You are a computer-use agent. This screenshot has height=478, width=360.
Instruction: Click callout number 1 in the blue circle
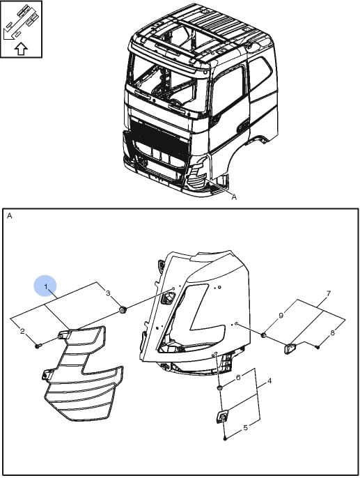(46, 286)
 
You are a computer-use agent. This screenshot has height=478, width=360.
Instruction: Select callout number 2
(22, 331)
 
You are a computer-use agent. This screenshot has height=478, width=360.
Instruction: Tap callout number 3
(108, 293)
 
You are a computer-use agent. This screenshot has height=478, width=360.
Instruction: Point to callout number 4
(269, 380)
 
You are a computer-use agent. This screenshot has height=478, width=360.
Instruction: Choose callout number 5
(246, 428)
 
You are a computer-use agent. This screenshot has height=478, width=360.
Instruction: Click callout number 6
(238, 378)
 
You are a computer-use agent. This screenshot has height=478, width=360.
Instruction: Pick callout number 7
(329, 293)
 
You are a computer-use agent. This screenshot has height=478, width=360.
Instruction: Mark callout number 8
(332, 332)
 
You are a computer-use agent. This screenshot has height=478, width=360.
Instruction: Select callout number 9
(281, 315)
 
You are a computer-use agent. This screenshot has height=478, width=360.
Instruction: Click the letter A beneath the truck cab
(234, 197)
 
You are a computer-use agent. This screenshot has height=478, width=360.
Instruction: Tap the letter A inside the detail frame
(10, 216)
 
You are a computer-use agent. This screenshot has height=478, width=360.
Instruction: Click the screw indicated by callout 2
(38, 346)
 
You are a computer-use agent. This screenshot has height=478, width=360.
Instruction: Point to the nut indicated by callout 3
(123, 311)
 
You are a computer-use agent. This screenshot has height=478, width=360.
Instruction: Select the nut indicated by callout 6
(219, 387)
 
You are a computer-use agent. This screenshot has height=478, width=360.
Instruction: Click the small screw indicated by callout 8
(318, 347)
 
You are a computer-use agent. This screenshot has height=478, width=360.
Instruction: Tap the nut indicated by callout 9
(263, 335)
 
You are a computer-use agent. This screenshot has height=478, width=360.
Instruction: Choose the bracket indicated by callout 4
(222, 417)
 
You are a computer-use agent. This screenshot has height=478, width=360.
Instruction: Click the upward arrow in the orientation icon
(21, 49)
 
